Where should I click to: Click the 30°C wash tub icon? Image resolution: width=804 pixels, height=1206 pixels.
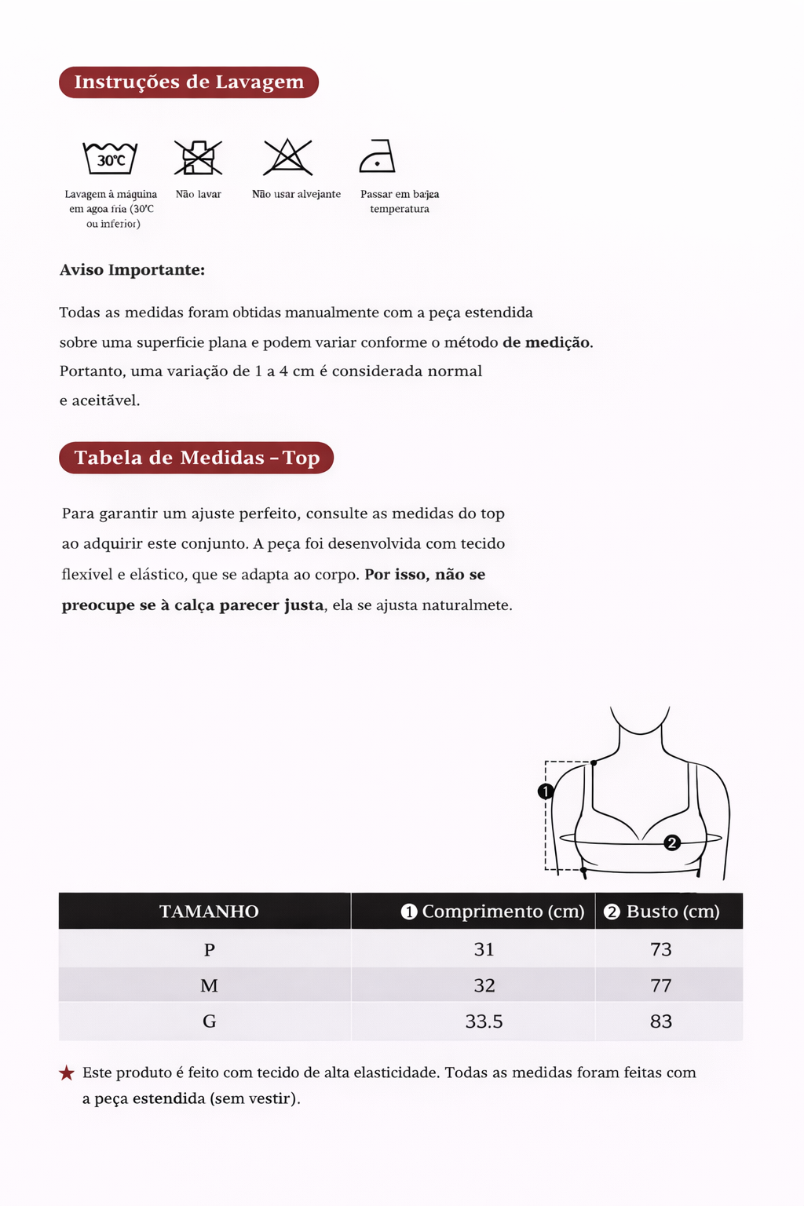pos(111,159)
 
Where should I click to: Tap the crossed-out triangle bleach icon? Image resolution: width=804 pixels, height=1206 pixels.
pos(288,157)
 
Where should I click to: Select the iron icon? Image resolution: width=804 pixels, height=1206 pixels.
pos(377,156)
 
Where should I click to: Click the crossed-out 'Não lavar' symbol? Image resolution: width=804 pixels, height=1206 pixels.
pos(198,157)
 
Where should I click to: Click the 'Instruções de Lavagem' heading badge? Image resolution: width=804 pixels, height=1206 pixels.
pos(188,82)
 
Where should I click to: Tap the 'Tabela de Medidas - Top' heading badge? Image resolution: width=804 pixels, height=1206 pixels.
pos(196,458)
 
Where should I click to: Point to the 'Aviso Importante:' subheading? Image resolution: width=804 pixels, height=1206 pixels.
pos(132,270)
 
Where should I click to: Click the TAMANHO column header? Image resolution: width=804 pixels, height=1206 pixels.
pos(209,912)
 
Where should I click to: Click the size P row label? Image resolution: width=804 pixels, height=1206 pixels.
pos(209,950)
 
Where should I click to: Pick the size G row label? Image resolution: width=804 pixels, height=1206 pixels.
pos(209,1021)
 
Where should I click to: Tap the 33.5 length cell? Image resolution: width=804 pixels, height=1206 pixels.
pos(484,1021)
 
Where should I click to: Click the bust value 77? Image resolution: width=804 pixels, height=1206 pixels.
pos(661,985)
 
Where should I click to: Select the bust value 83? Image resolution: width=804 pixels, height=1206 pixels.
pos(661,1021)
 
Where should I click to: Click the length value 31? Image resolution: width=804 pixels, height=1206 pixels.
pos(484,950)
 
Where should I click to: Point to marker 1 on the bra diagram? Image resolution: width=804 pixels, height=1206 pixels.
pos(546,791)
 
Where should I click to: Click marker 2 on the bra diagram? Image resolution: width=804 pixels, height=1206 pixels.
pos(672,842)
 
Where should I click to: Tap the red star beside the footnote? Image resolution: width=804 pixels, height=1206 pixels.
pos(67,1073)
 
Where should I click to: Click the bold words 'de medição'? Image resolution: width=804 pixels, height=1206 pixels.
pos(546,342)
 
